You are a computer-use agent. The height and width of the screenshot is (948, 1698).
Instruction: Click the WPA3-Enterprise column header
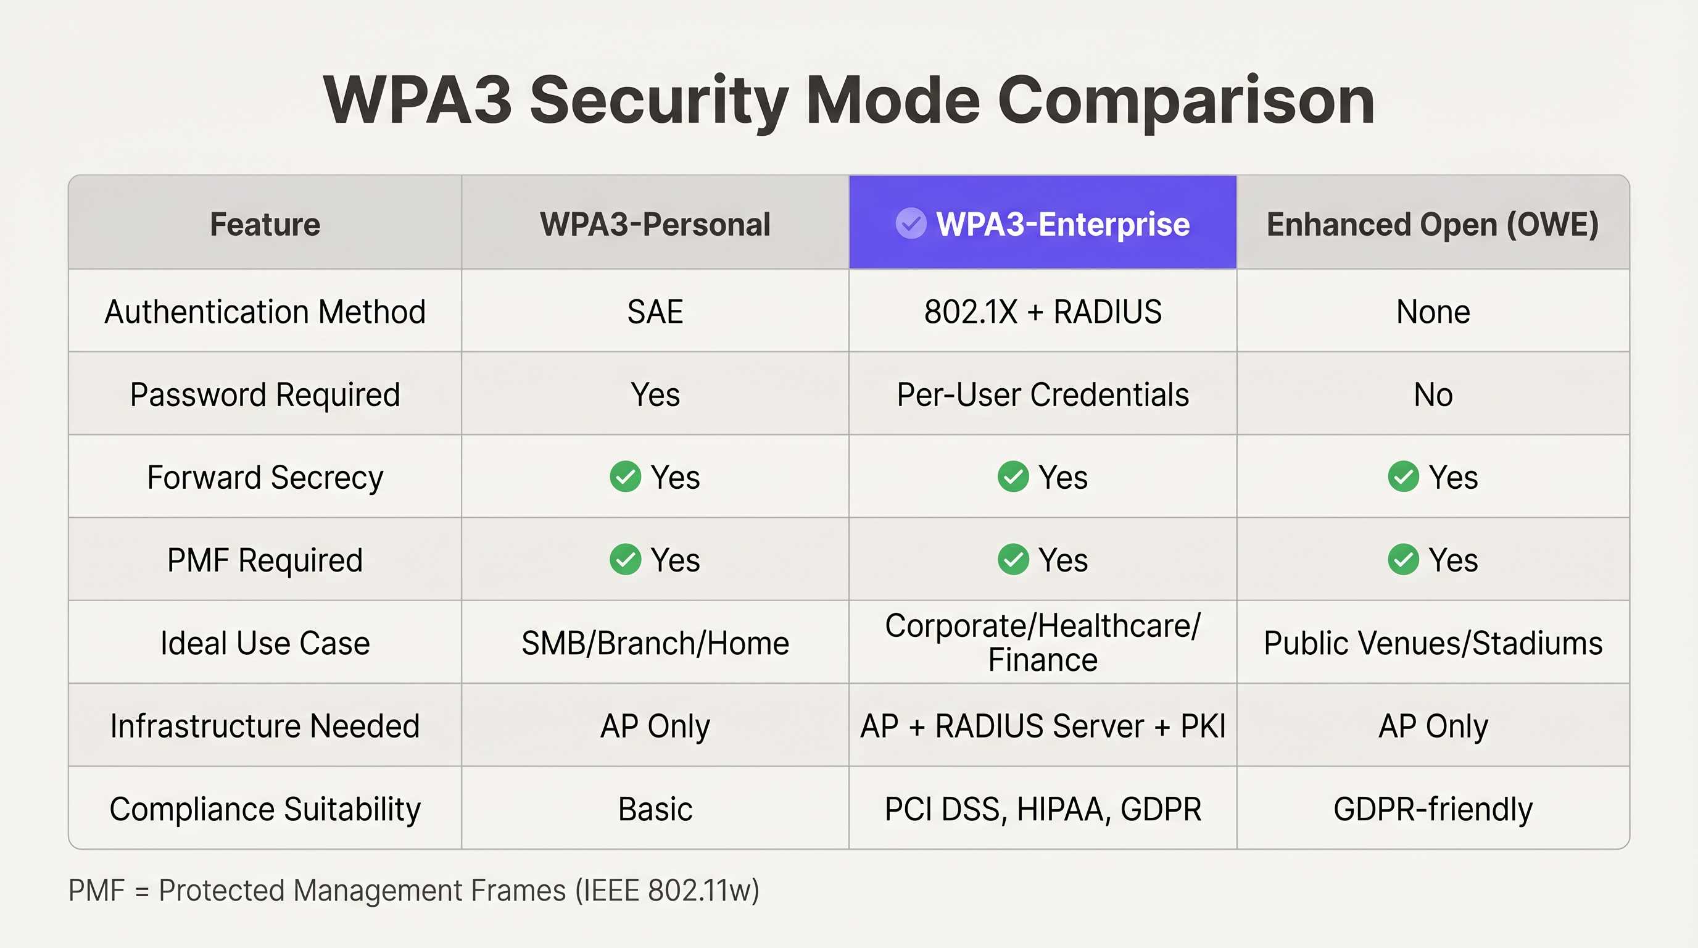click(1062, 224)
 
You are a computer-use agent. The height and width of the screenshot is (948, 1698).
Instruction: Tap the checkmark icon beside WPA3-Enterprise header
click(910, 223)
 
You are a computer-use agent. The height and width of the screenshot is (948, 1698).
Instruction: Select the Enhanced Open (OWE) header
click(1432, 224)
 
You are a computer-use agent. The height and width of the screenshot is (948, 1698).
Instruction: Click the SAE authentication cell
click(655, 312)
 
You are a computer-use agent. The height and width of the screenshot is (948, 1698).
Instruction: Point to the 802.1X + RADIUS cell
click(1042, 312)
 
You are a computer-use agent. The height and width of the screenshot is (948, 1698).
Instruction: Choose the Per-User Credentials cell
click(1042, 395)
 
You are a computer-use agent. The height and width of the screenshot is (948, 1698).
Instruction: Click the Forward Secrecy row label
click(265, 477)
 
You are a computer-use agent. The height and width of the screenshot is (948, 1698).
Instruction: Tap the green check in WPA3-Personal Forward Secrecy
click(625, 476)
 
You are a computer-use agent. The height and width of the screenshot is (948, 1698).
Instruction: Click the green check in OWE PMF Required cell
click(1403, 560)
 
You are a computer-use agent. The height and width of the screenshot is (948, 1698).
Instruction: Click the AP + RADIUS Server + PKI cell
click(1042, 726)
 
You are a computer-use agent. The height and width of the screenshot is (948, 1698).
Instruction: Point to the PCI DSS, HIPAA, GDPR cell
click(1042, 809)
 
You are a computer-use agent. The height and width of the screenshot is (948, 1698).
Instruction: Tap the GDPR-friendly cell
click(1432, 809)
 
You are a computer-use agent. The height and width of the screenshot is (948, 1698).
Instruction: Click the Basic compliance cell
click(655, 809)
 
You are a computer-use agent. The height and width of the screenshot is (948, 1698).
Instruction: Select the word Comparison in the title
click(1185, 101)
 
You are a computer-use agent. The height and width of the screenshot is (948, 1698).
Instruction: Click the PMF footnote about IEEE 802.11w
click(413, 891)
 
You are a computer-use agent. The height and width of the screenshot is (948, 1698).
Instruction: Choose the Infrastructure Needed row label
click(265, 726)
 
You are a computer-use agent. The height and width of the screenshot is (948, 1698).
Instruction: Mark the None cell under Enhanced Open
click(1432, 312)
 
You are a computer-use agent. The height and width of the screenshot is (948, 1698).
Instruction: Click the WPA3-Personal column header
click(655, 224)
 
